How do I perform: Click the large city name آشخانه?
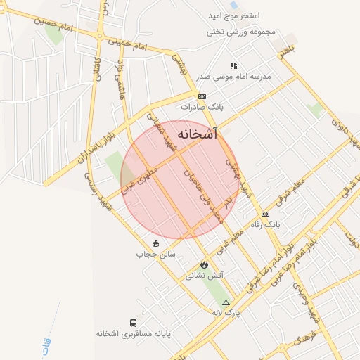(x=198, y=134)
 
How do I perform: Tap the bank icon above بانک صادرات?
(x=202, y=96)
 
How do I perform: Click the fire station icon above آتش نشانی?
(x=204, y=265)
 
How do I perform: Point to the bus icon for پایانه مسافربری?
(x=133, y=323)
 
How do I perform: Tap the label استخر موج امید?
(x=234, y=15)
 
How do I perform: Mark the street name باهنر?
(x=284, y=51)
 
